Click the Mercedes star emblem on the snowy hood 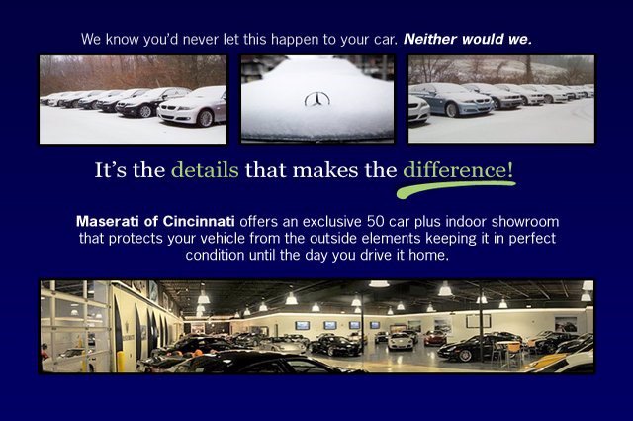(x=316, y=99)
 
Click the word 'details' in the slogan (x=205, y=169)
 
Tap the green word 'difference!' (x=458, y=169)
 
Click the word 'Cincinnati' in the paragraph (x=199, y=221)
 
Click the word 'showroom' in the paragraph (x=525, y=222)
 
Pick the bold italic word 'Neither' (x=430, y=39)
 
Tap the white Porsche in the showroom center (x=401, y=341)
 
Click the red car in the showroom (x=435, y=338)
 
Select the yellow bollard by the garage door (x=121, y=362)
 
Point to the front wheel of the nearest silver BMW (x=206, y=118)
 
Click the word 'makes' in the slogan (x=325, y=170)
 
